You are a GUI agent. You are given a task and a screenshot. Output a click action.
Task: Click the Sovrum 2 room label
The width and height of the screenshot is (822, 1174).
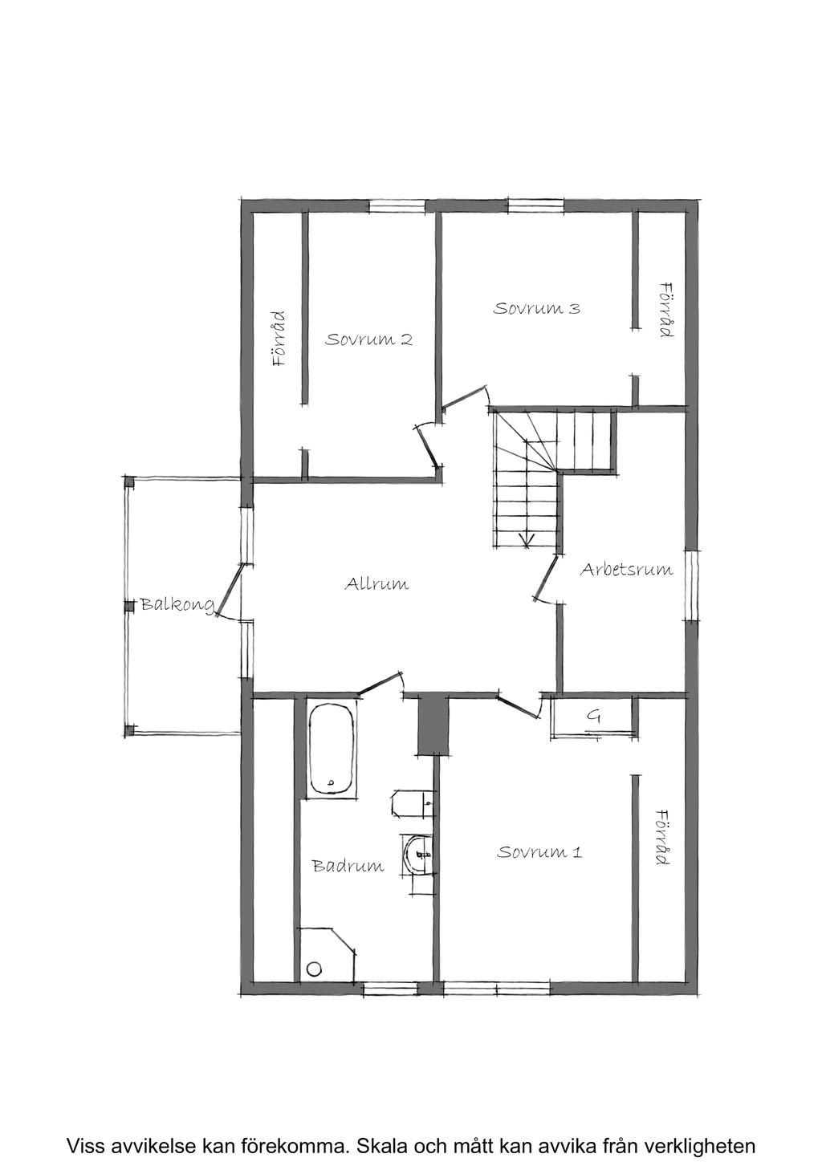(x=368, y=339)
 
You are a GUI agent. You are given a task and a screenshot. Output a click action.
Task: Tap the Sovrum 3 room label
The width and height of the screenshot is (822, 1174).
(x=536, y=308)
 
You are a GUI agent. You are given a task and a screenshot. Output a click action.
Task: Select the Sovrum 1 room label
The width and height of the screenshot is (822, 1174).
(x=539, y=851)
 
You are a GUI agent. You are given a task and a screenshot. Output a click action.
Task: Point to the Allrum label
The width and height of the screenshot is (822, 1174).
(x=376, y=583)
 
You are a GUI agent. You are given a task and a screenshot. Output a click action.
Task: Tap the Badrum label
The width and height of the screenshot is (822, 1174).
(x=348, y=866)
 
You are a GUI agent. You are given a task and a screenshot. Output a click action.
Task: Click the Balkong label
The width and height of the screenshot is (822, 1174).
(x=177, y=604)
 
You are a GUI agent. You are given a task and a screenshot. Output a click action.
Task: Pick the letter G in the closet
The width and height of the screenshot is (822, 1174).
(x=593, y=715)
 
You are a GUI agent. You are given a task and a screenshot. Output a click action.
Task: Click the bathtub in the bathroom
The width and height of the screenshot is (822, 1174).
(x=331, y=750)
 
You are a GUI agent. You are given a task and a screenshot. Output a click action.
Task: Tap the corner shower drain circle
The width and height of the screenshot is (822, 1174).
(x=313, y=969)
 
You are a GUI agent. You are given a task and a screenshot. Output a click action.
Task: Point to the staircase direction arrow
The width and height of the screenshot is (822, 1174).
(x=527, y=539)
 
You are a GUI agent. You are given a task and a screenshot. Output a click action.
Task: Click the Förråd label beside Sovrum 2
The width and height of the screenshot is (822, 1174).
(x=279, y=339)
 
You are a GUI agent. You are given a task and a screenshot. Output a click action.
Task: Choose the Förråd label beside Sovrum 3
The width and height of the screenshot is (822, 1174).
(x=665, y=309)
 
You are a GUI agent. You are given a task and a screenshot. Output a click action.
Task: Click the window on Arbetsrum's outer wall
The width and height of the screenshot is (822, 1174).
(x=691, y=584)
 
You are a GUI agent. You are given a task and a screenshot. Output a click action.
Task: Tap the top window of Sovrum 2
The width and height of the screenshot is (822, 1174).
(x=397, y=206)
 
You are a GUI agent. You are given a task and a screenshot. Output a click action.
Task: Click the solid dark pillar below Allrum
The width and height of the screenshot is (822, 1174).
(x=432, y=725)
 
